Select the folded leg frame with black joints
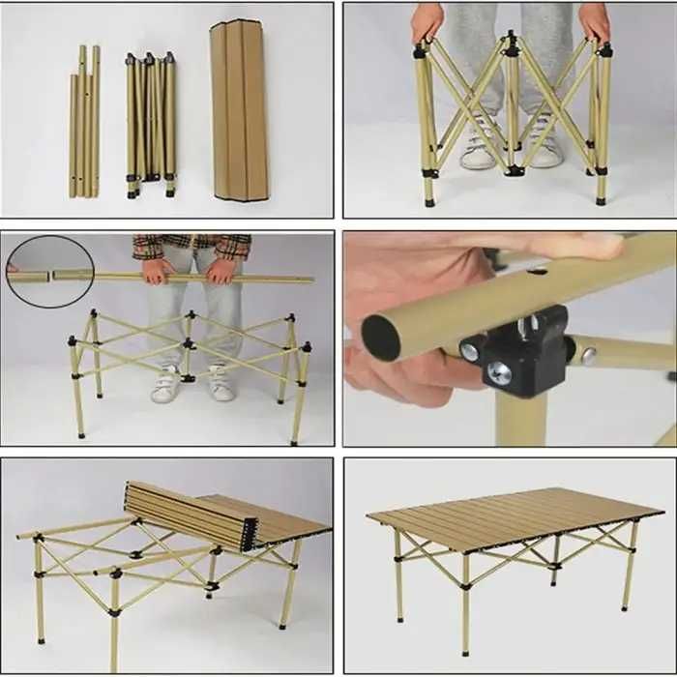tap(151, 124)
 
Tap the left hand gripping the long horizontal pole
tap(154, 271)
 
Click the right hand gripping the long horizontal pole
tap(221, 272)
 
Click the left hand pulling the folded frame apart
tap(427, 22)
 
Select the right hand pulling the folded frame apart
tap(594, 22)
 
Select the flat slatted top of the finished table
tap(513, 517)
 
